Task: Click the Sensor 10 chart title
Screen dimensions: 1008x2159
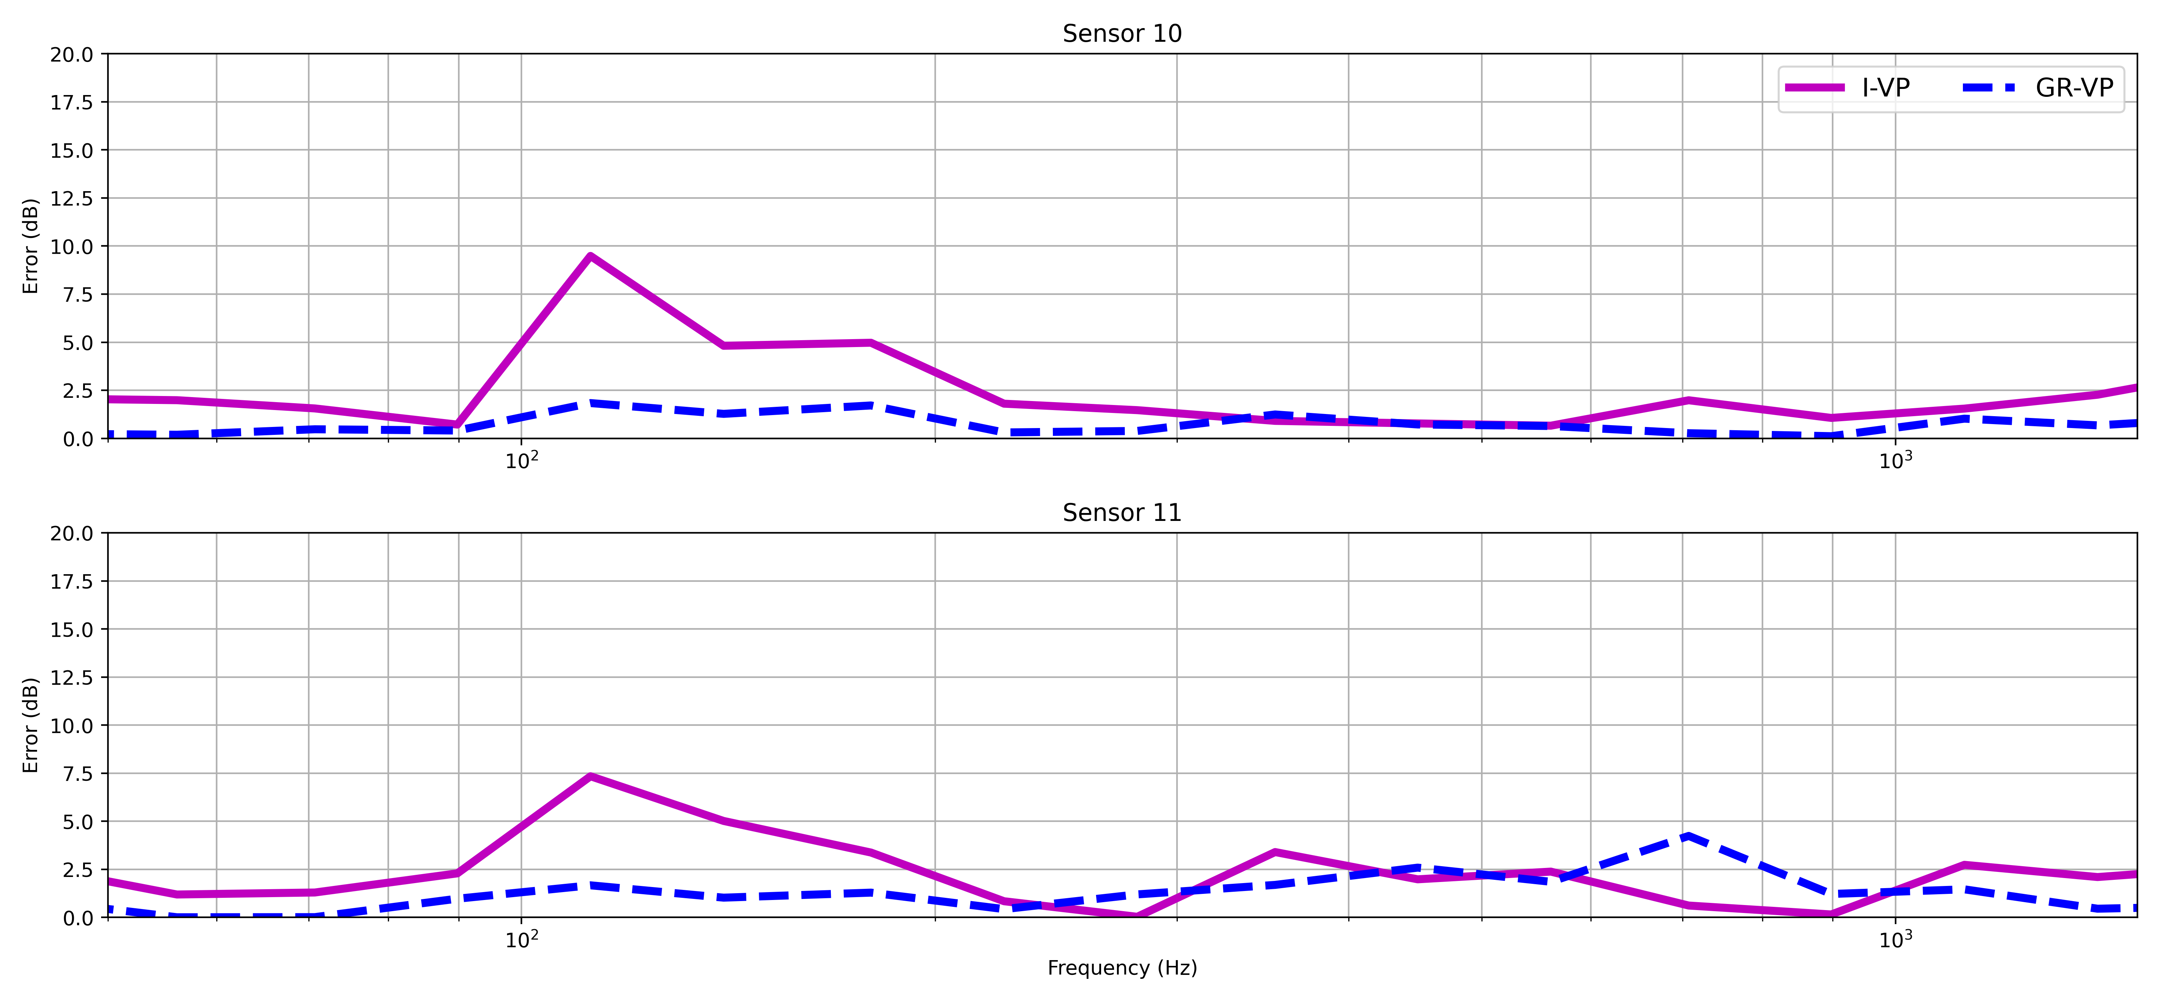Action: coord(1121,33)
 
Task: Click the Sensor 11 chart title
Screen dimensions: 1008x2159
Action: coord(1121,512)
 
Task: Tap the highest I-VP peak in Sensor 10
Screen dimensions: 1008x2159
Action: coord(591,256)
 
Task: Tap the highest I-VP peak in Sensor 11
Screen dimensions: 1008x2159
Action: coord(591,777)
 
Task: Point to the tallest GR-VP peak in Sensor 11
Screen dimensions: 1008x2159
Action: coord(1686,835)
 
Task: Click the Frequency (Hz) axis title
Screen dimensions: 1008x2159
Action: coord(1121,968)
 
